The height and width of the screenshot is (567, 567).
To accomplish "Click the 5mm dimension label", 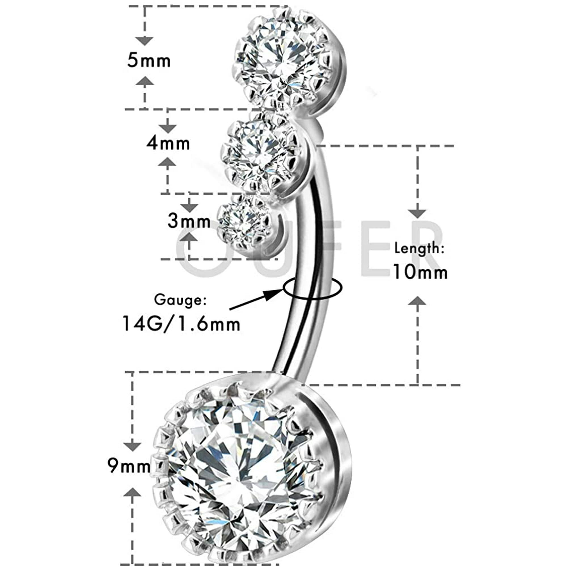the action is [x=149, y=61].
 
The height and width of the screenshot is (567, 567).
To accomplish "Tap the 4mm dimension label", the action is [x=168, y=143].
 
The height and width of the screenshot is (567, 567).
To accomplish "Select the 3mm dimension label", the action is [x=189, y=221].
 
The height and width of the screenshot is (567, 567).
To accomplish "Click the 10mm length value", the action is [x=420, y=272].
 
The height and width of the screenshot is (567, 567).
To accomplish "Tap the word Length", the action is [x=419, y=249].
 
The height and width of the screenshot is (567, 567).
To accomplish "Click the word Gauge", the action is [x=181, y=300].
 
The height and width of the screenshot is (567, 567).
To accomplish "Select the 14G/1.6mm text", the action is [x=181, y=323].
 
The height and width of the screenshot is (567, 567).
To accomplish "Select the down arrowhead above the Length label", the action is [x=417, y=214].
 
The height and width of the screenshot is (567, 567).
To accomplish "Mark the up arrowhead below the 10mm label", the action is [x=417, y=301].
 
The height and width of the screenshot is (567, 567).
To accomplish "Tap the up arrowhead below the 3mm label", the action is [x=189, y=236].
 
